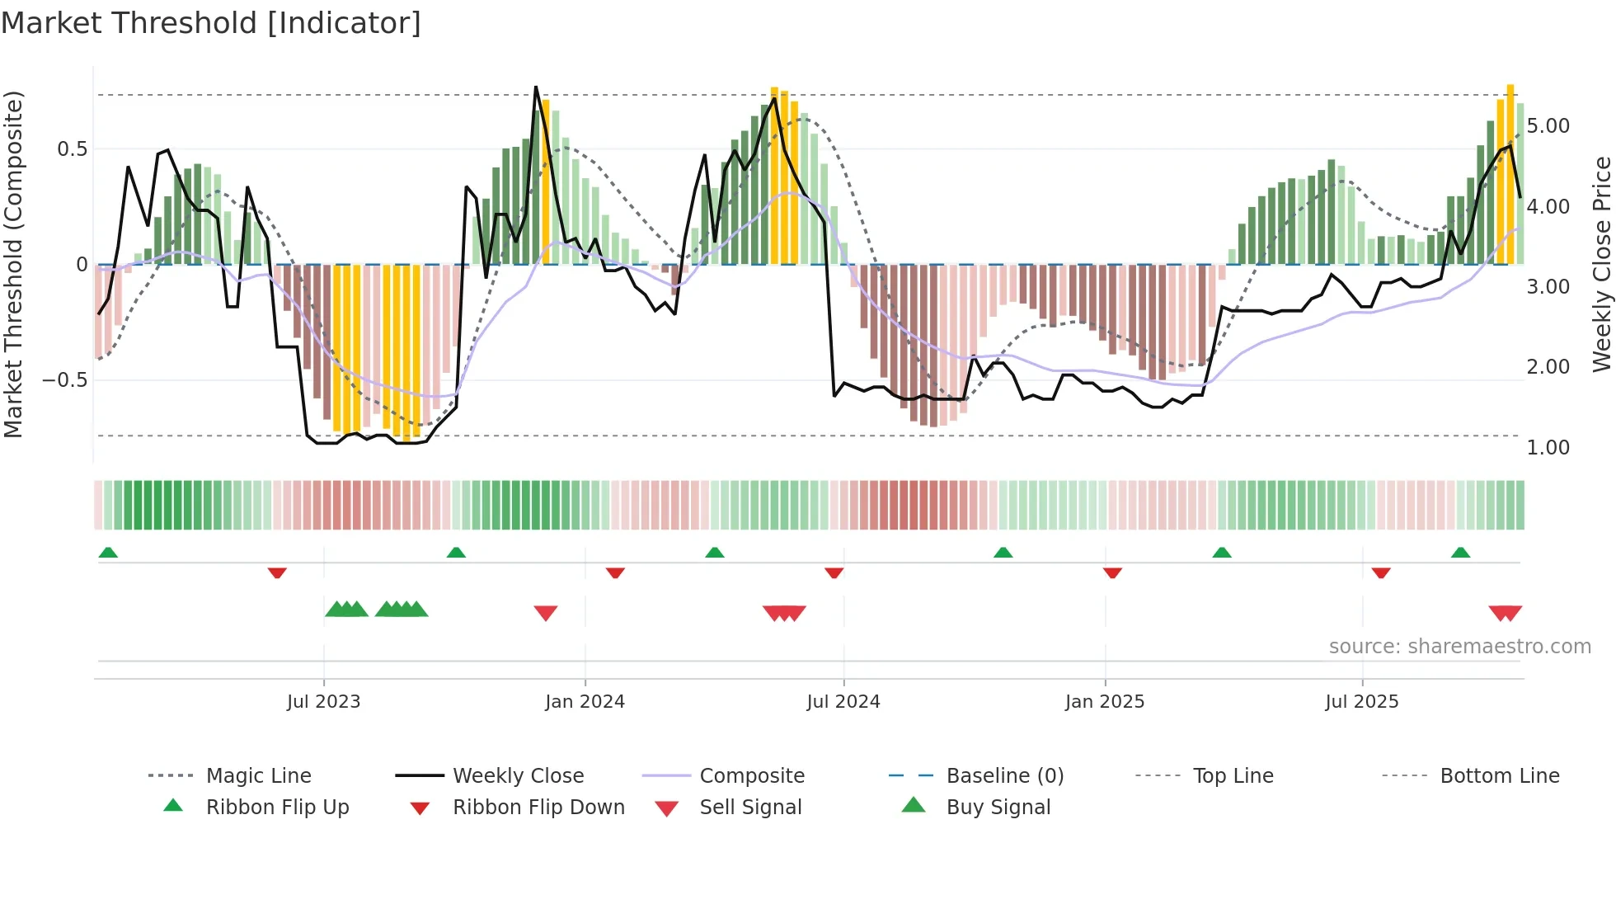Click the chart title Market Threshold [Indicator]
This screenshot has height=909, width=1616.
click(211, 23)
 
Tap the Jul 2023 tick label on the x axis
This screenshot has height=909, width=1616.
click(323, 702)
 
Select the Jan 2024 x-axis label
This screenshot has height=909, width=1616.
click(585, 702)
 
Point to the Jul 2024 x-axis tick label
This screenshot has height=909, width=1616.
click(843, 702)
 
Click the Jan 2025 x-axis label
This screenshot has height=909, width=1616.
click(1104, 702)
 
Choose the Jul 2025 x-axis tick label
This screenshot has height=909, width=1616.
click(1361, 702)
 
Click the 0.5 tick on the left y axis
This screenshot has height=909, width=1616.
click(72, 149)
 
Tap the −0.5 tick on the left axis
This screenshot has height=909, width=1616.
click(65, 380)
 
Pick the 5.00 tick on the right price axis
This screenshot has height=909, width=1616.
click(1548, 126)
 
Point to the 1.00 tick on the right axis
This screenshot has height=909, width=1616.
click(1548, 448)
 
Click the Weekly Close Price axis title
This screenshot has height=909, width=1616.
click(1601, 264)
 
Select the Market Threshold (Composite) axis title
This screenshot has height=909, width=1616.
click(13, 264)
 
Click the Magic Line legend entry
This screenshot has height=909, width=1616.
click(258, 776)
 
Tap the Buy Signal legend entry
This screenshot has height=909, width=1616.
click(998, 808)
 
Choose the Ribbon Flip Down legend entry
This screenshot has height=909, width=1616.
click(538, 808)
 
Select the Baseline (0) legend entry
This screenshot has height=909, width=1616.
click(1004, 776)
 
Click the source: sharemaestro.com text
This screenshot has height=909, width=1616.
click(1459, 647)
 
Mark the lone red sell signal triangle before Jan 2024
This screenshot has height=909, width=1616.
click(546, 612)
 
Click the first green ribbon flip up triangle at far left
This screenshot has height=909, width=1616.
click(108, 553)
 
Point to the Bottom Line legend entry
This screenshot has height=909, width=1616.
click(1499, 776)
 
